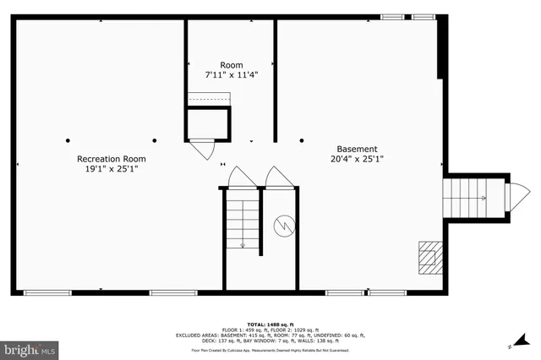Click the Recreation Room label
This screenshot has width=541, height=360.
click(111, 159)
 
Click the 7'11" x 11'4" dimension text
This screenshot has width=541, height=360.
click(231, 75)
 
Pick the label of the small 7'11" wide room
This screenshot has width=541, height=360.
click(231, 65)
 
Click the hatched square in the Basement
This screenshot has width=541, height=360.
click(429, 254)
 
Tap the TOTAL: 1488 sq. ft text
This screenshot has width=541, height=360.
click(270, 325)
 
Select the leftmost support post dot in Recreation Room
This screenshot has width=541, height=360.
click(68, 140)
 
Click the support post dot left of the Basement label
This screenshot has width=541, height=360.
click(302, 140)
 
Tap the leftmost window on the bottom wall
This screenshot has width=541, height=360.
click(47, 292)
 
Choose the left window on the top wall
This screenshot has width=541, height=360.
click(391, 17)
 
